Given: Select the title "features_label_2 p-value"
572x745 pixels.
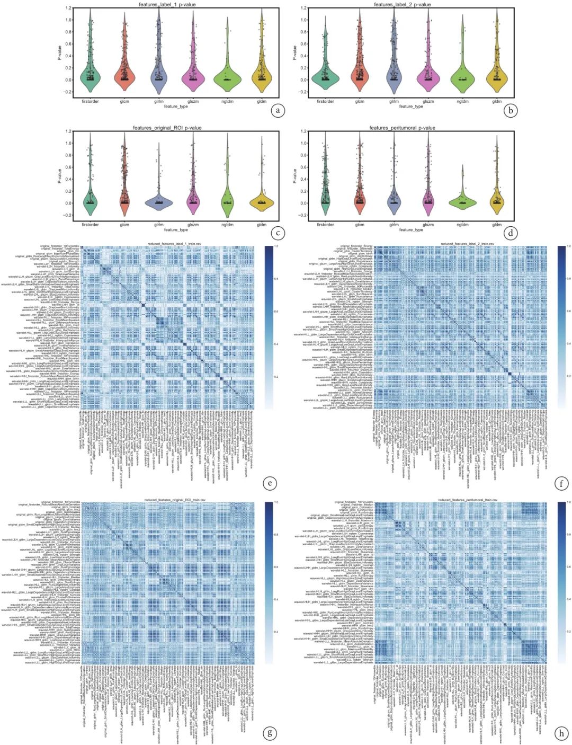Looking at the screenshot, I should click(402, 5).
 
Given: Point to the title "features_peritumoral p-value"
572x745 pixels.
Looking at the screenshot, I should click(402, 128).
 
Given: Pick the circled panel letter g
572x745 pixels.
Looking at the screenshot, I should click(270, 733).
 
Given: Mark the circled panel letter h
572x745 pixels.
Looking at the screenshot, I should click(561, 733).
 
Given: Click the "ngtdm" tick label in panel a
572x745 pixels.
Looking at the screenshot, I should click(227, 101).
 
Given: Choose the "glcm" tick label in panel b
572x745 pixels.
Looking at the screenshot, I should click(360, 101).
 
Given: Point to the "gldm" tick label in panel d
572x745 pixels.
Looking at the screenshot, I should click(496, 225).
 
